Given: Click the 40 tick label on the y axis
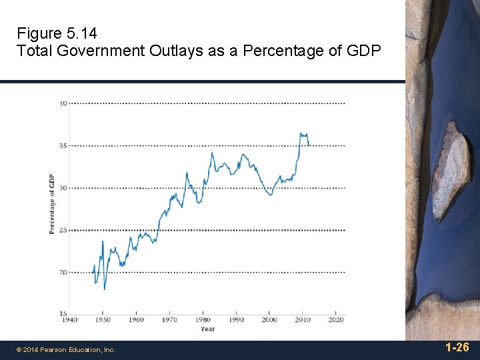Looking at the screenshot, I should (x=62, y=103).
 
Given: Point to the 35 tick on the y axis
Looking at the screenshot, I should (x=62, y=145).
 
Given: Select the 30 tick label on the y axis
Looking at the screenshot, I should (x=62, y=188).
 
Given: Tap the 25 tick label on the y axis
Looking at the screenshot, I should (x=62, y=230).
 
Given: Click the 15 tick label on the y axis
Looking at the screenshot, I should (x=62, y=314).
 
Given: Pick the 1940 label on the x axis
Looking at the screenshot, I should (x=69, y=321).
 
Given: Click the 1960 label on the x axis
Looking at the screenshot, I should (x=135, y=321).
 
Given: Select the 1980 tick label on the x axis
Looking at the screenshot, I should (x=203, y=321).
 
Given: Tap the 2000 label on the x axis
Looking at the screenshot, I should (x=269, y=321).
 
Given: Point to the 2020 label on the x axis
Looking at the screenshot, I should (x=336, y=321).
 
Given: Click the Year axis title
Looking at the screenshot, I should (x=207, y=329).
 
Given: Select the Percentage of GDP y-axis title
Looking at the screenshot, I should (x=52, y=203).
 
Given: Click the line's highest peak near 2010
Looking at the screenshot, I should (x=301, y=133).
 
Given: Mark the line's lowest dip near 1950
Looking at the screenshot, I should (x=105, y=289).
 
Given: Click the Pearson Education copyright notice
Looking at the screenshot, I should (x=66, y=350).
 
